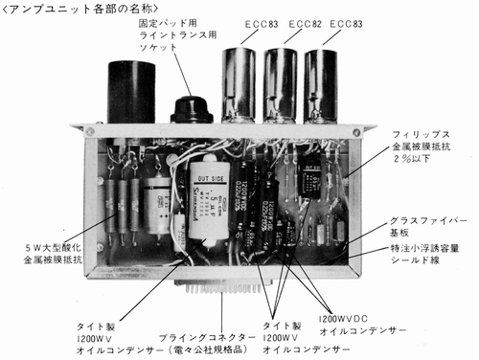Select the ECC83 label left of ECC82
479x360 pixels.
click(x=239, y=21)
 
